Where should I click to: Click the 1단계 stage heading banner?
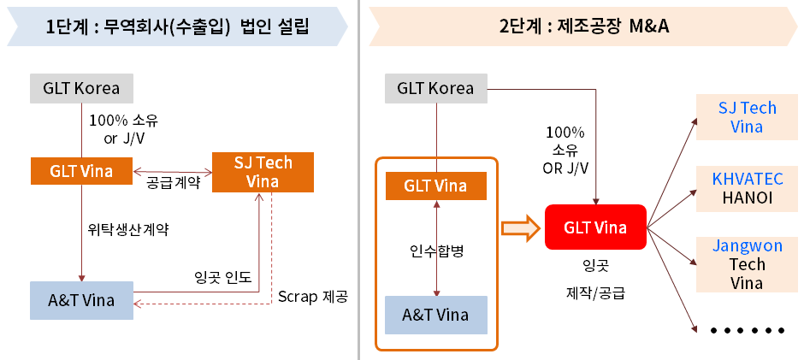(x=177, y=27)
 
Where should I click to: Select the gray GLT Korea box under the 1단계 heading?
(x=81, y=88)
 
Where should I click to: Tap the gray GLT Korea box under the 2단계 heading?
(x=435, y=88)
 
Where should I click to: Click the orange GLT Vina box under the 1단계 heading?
(x=81, y=170)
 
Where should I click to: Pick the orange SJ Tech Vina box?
(x=263, y=171)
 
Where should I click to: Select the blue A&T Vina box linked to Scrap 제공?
(x=81, y=300)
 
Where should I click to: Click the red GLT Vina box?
(x=595, y=228)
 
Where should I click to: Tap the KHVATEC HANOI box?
(x=747, y=188)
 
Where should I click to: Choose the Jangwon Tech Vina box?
(x=747, y=264)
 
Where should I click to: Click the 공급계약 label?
(x=174, y=182)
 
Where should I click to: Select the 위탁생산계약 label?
(x=129, y=229)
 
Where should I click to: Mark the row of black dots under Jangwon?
(x=747, y=330)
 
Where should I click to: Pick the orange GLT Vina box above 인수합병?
(x=435, y=186)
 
